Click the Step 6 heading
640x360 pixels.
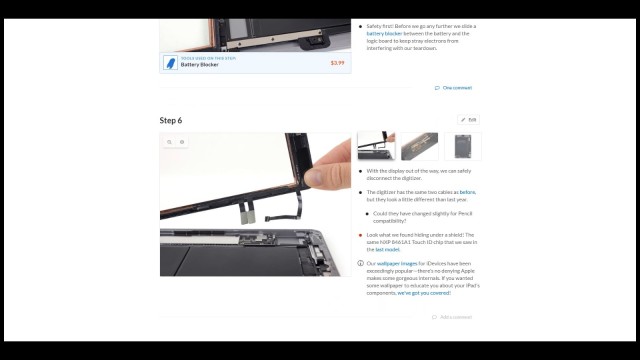tap(171, 120)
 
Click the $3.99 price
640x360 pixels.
tap(337, 62)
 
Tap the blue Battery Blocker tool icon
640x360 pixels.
tap(171, 62)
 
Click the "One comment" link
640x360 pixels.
tap(456, 88)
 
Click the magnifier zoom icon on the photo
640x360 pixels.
tap(170, 142)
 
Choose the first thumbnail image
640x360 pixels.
tap(378, 147)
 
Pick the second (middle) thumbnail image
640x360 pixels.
tap(419, 147)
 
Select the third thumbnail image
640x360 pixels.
tap(462, 147)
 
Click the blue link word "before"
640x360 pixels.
tap(467, 191)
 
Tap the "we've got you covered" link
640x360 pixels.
tap(423, 293)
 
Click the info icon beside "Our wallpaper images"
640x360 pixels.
tap(361, 264)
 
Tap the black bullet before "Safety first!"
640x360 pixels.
tap(361, 26)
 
